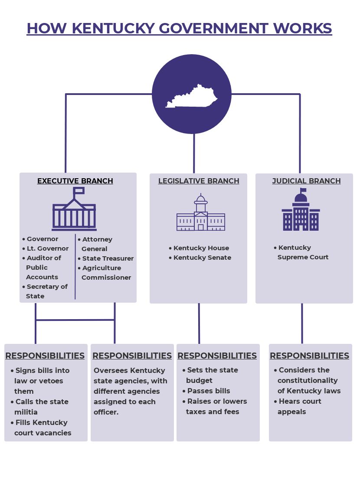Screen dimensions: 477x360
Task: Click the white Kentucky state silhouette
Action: (191, 97)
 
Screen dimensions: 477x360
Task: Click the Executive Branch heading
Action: (75, 181)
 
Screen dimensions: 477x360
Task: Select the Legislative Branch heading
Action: (199, 181)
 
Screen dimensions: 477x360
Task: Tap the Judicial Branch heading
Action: (306, 181)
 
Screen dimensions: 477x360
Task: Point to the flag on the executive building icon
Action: (79, 191)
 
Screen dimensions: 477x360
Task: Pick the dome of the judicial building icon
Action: (301, 197)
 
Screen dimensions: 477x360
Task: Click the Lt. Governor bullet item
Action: (47, 248)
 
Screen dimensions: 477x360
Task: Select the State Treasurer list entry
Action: (108, 258)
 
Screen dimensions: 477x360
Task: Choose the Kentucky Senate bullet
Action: (202, 258)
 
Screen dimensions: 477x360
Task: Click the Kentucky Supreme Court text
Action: (303, 252)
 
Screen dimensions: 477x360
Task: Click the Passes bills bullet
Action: (208, 391)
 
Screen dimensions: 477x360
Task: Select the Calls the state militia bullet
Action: (42, 407)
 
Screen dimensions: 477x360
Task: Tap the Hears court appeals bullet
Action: (299, 406)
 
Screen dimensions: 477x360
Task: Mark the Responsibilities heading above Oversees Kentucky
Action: (132, 356)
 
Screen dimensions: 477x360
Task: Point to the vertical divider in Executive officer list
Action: (75, 267)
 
